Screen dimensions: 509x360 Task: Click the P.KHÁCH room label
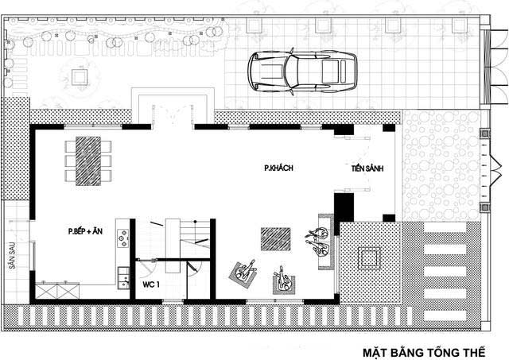[x=278, y=168]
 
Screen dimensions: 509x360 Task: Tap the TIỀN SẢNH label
[x=367, y=168]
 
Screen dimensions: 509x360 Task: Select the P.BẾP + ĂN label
[x=85, y=231]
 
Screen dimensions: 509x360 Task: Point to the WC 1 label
[x=151, y=285]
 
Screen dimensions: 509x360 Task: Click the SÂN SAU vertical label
[x=12, y=256]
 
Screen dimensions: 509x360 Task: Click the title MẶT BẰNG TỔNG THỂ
[x=424, y=352]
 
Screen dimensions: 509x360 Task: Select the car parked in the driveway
[x=302, y=72]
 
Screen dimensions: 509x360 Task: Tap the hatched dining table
[x=88, y=161]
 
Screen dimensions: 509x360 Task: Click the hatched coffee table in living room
[x=276, y=239]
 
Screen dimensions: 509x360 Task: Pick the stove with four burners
[x=123, y=238]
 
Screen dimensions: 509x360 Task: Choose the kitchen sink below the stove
[x=123, y=277]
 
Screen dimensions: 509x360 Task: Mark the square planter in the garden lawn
[x=80, y=77]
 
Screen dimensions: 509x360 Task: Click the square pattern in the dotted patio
[x=369, y=258]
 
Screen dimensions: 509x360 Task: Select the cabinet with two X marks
[x=57, y=291]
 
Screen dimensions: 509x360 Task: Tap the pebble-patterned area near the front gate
[x=441, y=166]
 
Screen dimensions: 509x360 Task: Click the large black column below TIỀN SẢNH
[x=344, y=207]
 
